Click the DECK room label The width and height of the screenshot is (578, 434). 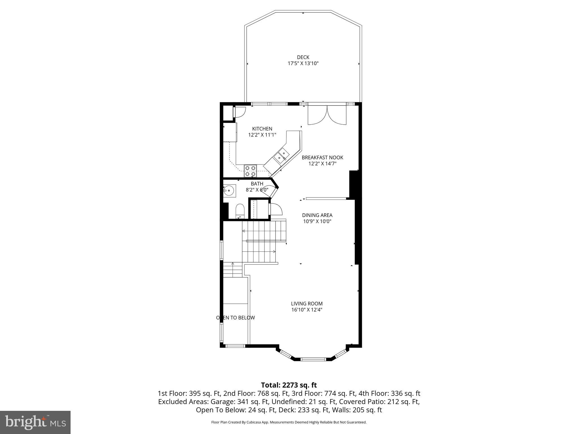(303, 57)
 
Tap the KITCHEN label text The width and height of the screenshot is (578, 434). (262, 129)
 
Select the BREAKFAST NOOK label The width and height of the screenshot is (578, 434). (322, 158)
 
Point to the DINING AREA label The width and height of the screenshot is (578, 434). (317, 215)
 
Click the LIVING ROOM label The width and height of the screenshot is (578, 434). (306, 304)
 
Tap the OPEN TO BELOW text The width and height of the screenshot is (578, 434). (235, 318)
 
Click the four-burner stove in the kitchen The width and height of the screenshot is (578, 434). (250, 171)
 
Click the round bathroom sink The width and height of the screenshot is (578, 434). (229, 190)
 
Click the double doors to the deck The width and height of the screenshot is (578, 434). (327, 115)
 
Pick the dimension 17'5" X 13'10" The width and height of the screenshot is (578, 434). (303, 64)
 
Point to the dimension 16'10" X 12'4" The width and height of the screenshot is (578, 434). (306, 310)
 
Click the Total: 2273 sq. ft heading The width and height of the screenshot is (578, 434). (289, 385)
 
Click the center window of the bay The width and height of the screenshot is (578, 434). (313, 359)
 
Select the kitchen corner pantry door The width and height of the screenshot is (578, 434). (239, 112)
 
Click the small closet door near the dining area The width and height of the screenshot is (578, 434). (275, 209)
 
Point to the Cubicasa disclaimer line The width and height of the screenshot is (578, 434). (289, 422)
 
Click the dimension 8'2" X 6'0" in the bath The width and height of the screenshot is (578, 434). (257, 190)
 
